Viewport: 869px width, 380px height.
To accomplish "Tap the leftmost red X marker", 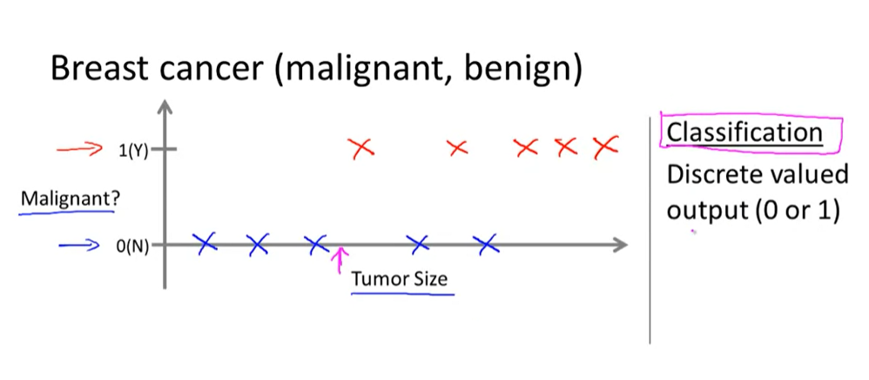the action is point(362,149).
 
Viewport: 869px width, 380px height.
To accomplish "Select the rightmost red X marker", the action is point(604,147).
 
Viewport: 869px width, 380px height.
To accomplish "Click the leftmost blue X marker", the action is point(205,244).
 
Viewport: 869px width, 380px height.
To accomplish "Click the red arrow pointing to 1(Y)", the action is point(80,149).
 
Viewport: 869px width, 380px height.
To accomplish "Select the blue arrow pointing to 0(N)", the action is point(80,245).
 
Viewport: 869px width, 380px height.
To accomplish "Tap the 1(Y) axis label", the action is point(132,150).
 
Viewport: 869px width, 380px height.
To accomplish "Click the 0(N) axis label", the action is point(132,246).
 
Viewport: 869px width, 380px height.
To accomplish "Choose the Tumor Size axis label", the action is point(401,280).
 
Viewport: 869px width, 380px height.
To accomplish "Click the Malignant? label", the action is point(71,198).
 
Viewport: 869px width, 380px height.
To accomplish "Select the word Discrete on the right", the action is point(713,174).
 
